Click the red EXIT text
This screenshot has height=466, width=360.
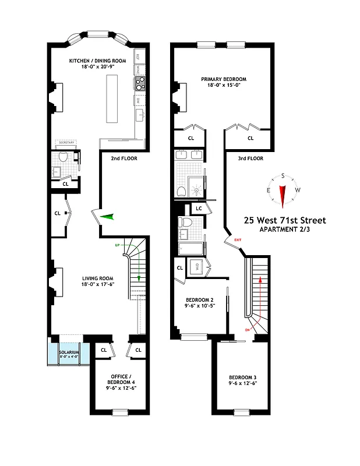point(237,240)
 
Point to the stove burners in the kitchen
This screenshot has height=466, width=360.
point(140,85)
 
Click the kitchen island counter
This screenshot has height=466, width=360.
point(112,97)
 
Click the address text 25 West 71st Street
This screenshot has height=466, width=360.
point(285,220)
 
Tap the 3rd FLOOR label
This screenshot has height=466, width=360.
point(250,158)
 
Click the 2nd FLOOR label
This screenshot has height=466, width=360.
point(123,157)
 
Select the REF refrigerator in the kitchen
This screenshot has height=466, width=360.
point(140,56)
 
